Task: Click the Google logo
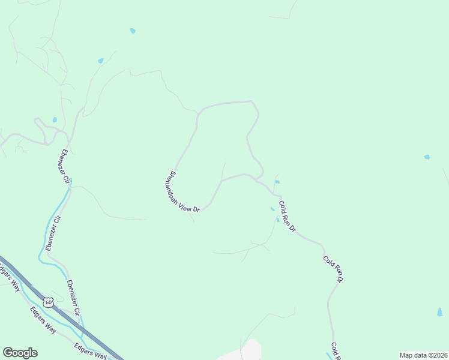pos(20,352)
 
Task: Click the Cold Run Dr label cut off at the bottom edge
pos(335,352)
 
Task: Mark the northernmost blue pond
pos(133,31)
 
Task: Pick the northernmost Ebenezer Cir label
pos(64,166)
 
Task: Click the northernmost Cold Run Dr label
pos(288,216)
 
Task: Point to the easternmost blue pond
pos(440,312)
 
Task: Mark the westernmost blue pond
pos(55,120)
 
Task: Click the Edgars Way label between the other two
pos(43,318)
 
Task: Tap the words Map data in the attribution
pos(412,355)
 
